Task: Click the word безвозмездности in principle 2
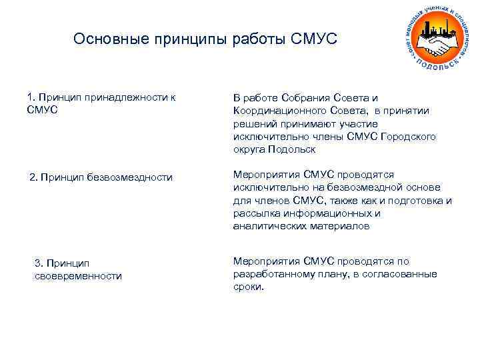coord(129,177)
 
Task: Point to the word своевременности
coord(78,275)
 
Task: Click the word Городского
coord(408,136)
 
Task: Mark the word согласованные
coord(403,274)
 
